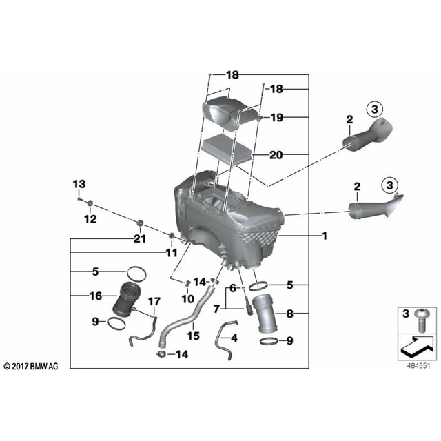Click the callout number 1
coord(324,236)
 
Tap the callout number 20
coord(276,156)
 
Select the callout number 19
coord(276,118)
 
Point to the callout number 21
coord(141,238)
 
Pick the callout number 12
coord(91,219)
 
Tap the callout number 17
coord(154,301)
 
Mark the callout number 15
coord(193,336)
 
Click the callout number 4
coord(234,338)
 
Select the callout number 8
coord(289,314)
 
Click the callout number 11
coord(171,254)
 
